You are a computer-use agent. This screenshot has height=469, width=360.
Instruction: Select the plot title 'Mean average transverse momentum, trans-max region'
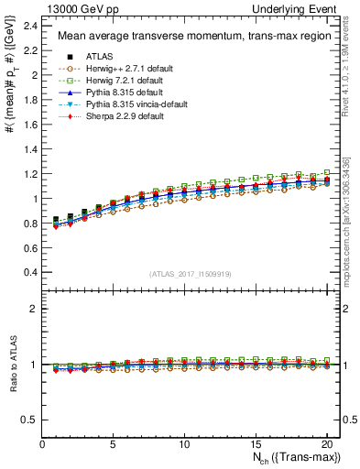187,36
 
